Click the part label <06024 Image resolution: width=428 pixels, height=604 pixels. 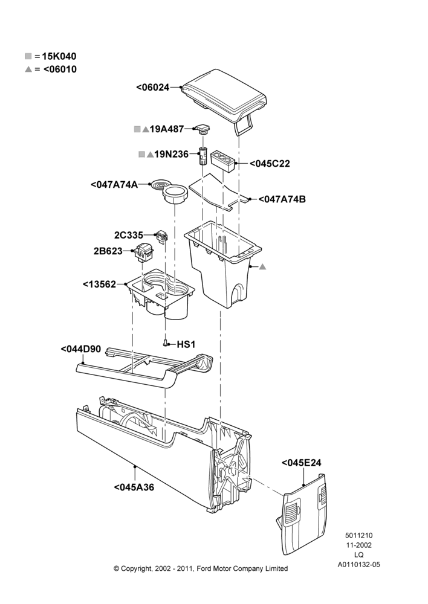[x=153, y=88]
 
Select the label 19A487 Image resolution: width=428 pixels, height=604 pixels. [x=167, y=129]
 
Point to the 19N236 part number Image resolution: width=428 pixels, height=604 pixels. [x=171, y=155]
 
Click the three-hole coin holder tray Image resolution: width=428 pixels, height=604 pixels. [x=223, y=161]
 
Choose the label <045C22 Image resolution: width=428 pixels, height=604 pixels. [x=270, y=164]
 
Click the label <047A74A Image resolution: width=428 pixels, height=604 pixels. [x=114, y=184]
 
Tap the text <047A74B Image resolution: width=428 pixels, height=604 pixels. [x=282, y=199]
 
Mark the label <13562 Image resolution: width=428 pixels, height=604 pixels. [x=100, y=284]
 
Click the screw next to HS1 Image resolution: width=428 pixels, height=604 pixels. [x=166, y=343]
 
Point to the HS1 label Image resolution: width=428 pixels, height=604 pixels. [x=186, y=344]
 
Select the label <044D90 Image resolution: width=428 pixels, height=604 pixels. [x=81, y=349]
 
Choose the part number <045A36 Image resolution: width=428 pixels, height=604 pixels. [x=134, y=487]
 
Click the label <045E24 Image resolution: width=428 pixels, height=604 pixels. [x=302, y=463]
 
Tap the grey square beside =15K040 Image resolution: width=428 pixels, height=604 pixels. [x=28, y=56]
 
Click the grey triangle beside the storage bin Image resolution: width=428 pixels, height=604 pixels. [x=262, y=266]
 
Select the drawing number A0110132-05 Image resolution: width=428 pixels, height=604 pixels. [x=358, y=565]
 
